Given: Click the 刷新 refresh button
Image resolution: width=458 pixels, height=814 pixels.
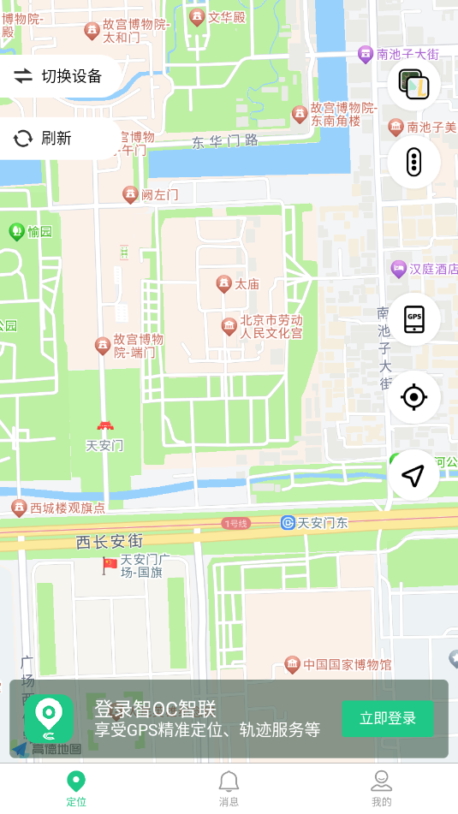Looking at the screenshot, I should pos(45,139).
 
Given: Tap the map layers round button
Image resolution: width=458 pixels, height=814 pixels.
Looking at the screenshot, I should pos(413,84).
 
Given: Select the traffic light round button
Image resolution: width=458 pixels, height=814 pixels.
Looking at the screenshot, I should pos(413,162).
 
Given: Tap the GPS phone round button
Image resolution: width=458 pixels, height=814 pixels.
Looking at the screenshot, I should pos(413,318).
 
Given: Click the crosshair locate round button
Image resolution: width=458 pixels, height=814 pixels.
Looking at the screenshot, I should pos(413,397).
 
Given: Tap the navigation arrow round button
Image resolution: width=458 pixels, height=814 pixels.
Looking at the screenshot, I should pos(413,475).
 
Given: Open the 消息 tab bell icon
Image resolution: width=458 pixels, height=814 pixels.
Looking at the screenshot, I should pos(229,781).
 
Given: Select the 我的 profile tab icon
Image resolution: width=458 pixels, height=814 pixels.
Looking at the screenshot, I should pos(381,781).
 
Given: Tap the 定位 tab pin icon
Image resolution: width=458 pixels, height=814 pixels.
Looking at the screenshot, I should pos(76,781).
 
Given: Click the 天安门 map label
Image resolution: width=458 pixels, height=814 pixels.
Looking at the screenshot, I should pos(104,445).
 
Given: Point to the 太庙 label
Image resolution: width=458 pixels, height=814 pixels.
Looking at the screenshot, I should pos(247,283).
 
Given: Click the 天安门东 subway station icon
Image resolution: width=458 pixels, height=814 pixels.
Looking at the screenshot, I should pos(288,522).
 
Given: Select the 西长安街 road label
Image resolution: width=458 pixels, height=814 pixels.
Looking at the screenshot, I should pos(109,541).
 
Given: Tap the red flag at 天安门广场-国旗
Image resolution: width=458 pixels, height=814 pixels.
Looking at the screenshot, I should pos(110,564).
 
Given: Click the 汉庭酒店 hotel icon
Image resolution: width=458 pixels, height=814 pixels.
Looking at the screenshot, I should pos(398,269).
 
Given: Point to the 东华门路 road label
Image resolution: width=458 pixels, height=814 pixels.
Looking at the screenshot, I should pos(224,141).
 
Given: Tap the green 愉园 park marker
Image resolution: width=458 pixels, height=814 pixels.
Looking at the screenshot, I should pos(16,231).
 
